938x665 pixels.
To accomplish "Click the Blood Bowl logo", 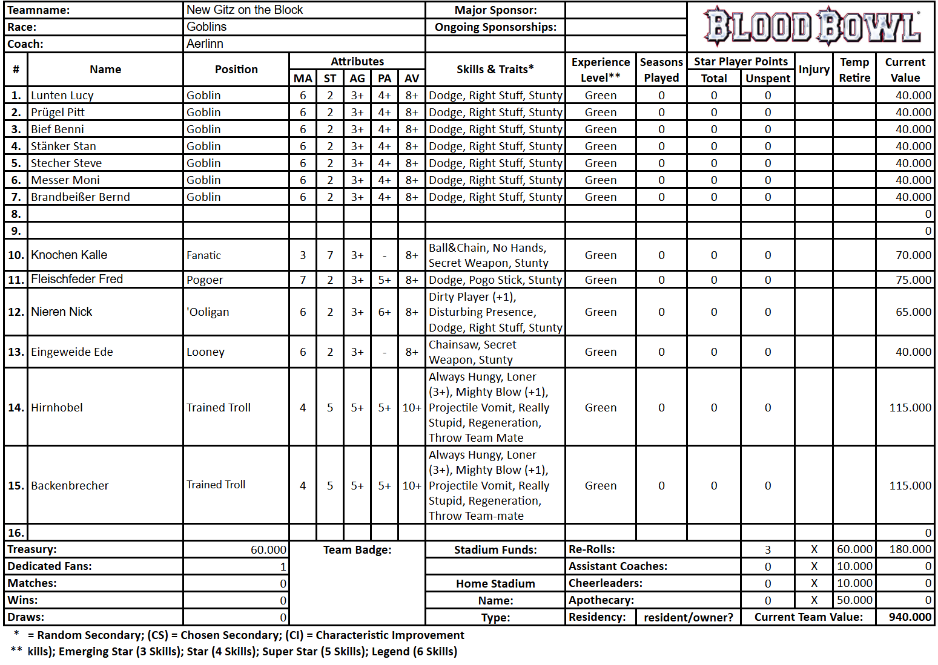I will pos(811,27).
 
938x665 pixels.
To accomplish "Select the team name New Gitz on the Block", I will pos(245,10).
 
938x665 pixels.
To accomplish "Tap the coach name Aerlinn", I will pos(205,44).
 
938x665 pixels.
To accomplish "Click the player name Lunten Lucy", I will pos(62,95).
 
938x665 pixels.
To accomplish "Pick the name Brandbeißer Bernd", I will pos(81,197).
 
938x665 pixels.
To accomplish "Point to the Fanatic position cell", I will pos(203,255).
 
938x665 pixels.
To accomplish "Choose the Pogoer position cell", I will pos(205,280).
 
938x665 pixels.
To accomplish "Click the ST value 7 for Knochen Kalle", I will pos(330,255).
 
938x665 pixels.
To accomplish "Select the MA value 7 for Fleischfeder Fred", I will pos(303,280).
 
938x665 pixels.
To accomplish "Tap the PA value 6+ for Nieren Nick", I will pos(385,312).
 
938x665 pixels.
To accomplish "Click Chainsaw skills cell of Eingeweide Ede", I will pos(472,352).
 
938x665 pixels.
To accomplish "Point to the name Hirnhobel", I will pos(57,408).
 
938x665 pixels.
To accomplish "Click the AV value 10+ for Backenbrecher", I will pos(412,486).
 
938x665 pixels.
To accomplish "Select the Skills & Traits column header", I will pos(495,69).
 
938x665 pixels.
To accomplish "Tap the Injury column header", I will pos(814,69).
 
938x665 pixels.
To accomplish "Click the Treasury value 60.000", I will pos(268,549).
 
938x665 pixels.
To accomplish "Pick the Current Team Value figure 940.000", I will pos(910,617).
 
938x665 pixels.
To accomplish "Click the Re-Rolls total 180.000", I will pos(910,549).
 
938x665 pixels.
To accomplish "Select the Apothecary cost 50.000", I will pos(854,600).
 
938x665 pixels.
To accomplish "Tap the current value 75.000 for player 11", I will pos(913,280).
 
